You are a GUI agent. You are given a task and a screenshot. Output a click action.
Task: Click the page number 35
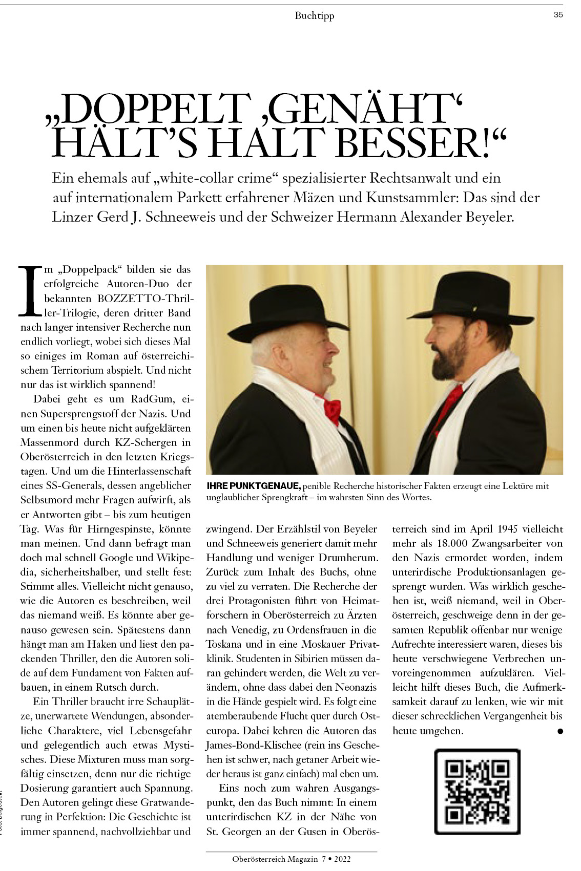(x=558, y=15)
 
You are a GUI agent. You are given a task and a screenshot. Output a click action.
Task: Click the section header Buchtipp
(x=314, y=16)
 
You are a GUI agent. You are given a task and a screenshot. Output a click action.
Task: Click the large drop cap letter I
(x=30, y=290)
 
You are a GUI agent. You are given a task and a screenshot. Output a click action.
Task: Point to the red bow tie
(x=331, y=408)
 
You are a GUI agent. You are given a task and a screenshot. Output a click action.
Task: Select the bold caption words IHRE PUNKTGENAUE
(x=254, y=485)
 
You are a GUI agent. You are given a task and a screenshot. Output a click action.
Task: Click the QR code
(x=477, y=791)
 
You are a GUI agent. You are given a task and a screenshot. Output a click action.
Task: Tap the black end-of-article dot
(x=560, y=731)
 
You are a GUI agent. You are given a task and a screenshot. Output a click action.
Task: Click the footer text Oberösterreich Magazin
(x=275, y=859)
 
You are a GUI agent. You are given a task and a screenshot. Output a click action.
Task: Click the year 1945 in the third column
(x=499, y=529)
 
